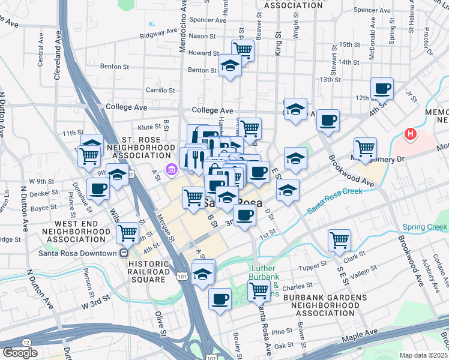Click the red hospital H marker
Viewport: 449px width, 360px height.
click(411, 134)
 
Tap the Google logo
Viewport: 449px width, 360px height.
click(20, 352)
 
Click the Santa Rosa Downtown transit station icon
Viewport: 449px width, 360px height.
click(124, 253)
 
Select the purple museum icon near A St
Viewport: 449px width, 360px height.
click(172, 170)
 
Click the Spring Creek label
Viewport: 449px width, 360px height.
click(425, 227)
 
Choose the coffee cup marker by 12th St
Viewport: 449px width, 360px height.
click(382, 89)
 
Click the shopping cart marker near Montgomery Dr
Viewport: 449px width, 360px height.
click(365, 147)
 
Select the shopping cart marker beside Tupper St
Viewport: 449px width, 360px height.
click(340, 240)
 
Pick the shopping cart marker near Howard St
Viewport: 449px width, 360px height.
click(243, 50)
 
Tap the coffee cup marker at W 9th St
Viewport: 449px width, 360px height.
click(98, 188)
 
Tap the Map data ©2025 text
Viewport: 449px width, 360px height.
click(423, 355)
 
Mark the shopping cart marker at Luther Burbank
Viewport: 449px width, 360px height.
click(259, 291)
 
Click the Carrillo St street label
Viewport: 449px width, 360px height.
click(160, 91)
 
